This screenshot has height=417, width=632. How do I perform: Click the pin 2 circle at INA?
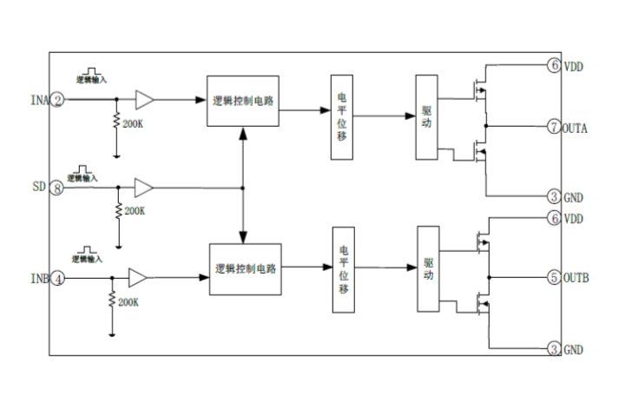pos(57,101)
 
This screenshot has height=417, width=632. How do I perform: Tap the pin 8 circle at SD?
pos(57,187)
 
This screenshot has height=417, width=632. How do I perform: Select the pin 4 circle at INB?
pos(57,280)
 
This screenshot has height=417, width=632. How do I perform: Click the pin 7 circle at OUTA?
pos(553,128)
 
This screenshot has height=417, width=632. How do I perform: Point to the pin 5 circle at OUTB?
pos(553,279)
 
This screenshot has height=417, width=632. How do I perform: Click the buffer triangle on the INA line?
pos(145,101)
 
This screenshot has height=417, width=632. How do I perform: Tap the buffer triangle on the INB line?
pos(137,278)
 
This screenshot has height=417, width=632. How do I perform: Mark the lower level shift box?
pos(344,269)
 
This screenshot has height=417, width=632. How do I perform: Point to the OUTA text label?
pos(576,129)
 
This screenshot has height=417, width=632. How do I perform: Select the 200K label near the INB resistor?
pos(128,301)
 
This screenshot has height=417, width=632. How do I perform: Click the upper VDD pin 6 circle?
pos(553,65)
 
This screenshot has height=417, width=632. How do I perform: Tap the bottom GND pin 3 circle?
pos(553,349)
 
